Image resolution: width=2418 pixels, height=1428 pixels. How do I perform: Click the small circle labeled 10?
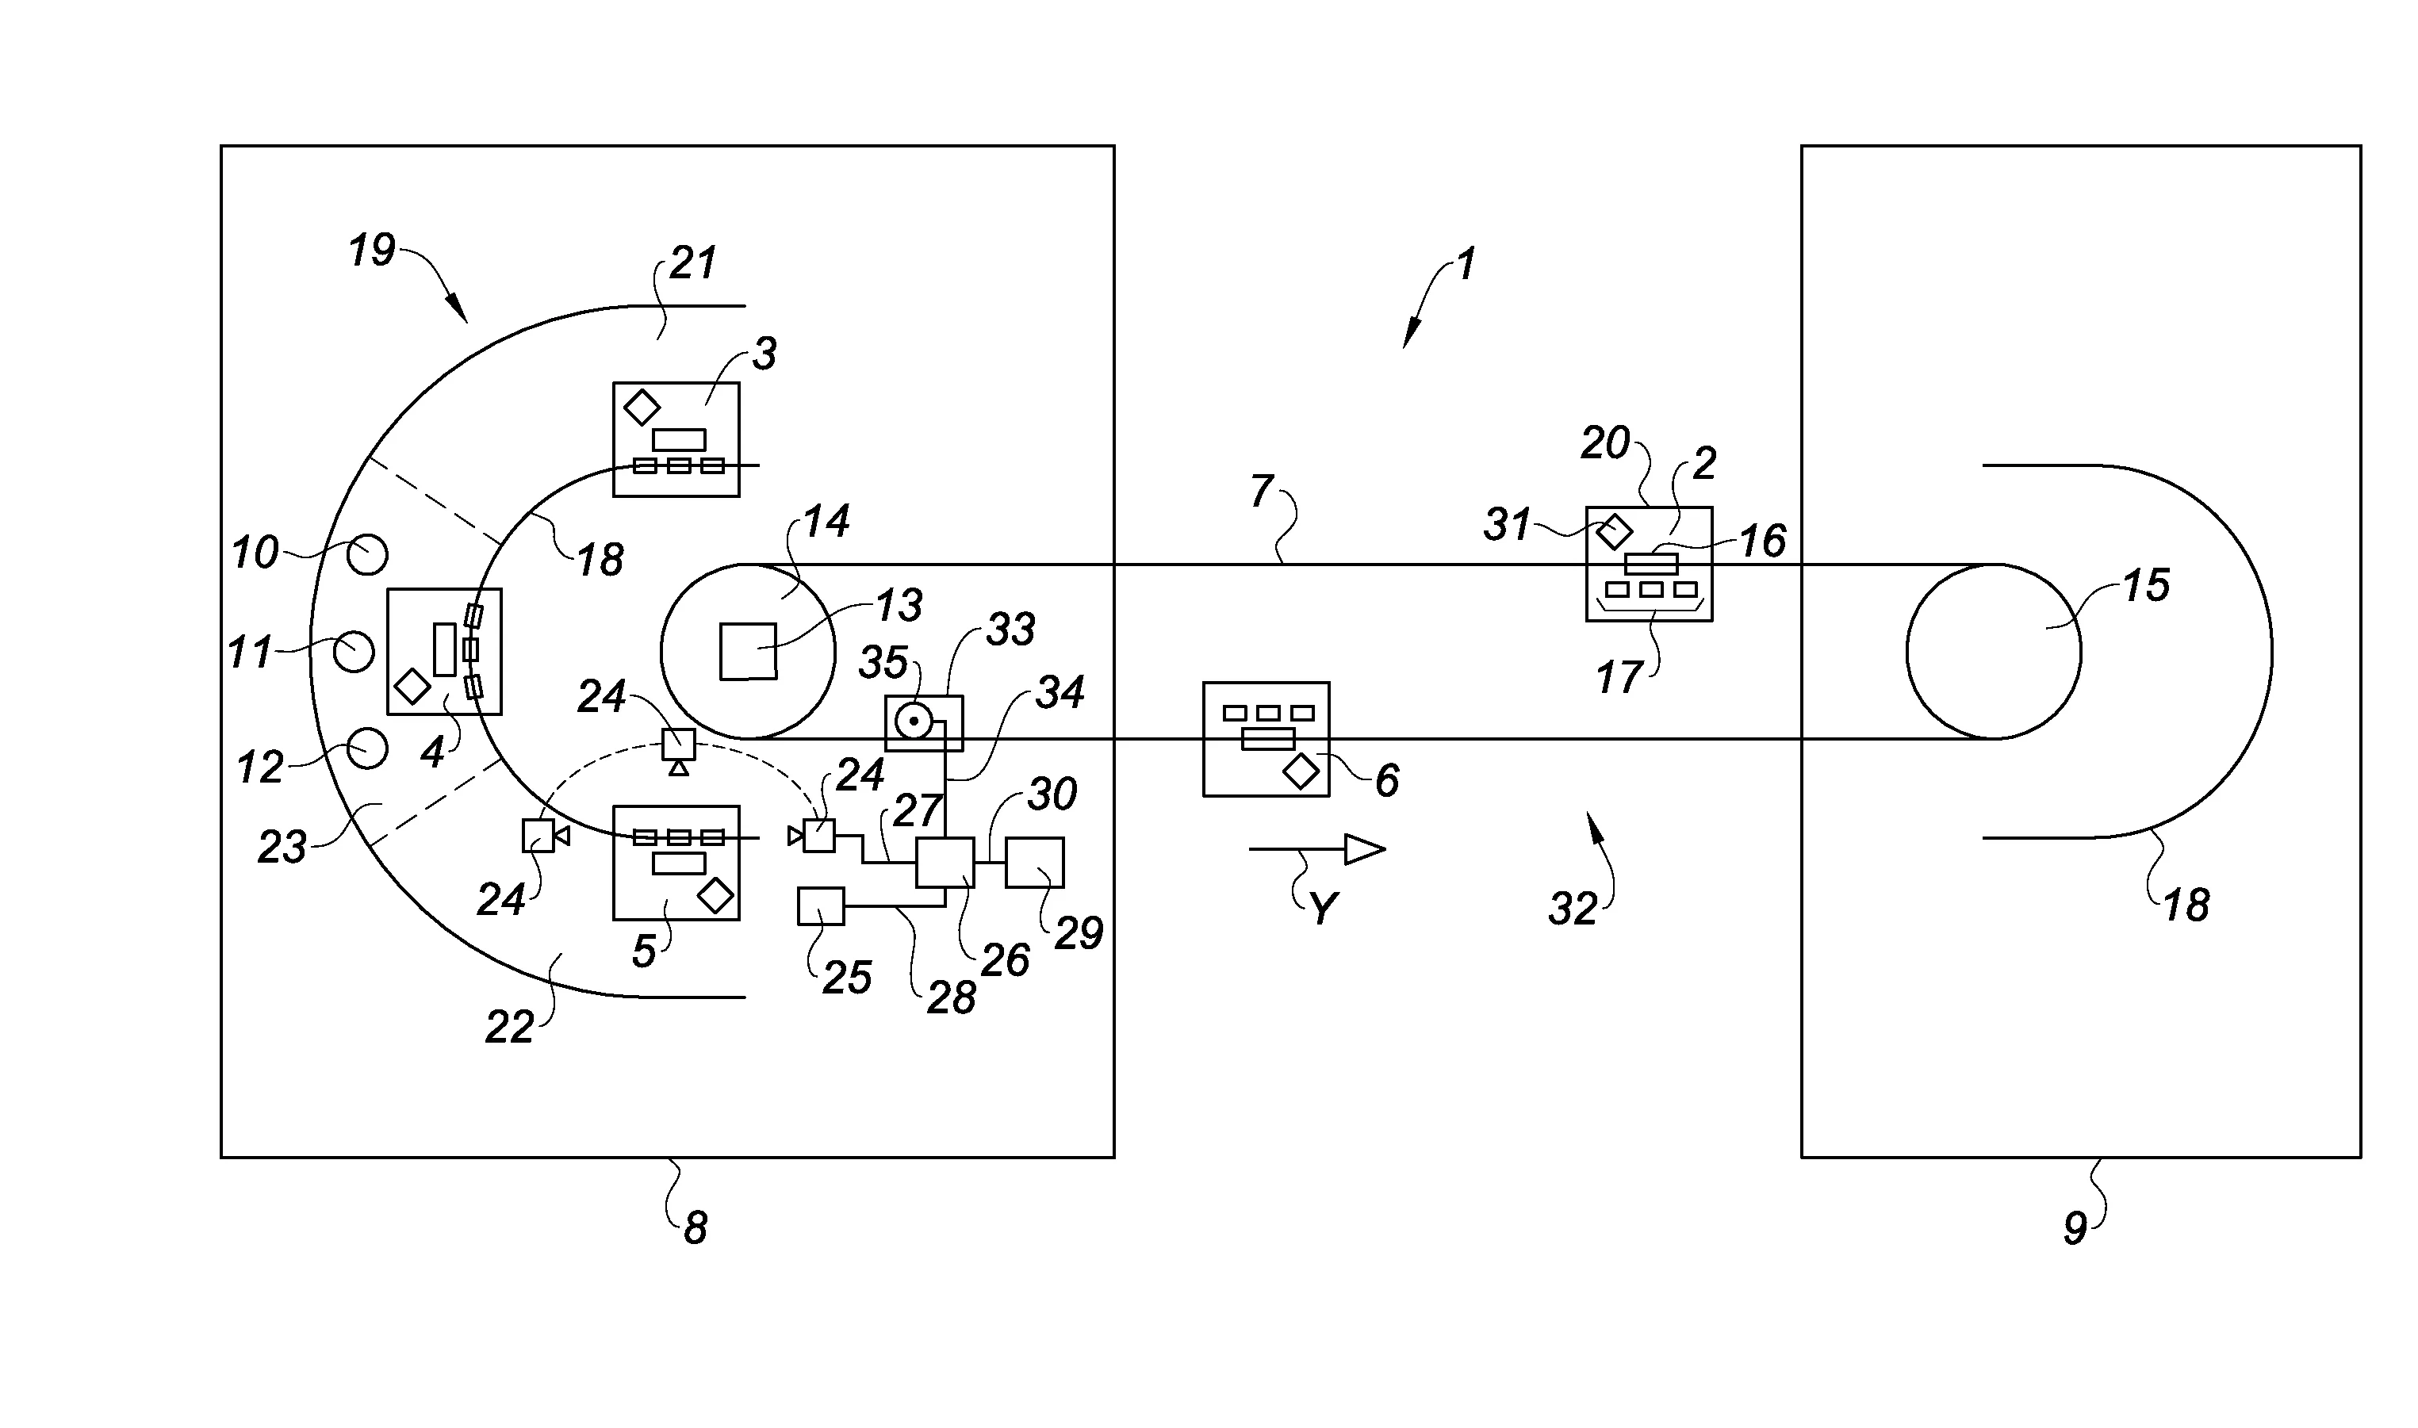coord(367,555)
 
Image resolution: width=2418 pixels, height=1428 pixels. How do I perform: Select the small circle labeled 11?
coord(354,653)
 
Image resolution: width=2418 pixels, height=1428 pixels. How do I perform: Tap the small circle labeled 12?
coord(367,748)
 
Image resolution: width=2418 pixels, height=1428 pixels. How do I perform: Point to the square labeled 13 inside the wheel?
coord(749,652)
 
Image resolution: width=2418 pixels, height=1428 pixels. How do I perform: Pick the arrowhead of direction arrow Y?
coord(1364,848)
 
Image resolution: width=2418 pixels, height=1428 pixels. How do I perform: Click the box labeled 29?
coord(1034,862)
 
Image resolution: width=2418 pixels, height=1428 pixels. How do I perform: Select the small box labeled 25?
coord(821,906)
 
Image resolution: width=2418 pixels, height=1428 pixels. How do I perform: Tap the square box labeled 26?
coord(945,862)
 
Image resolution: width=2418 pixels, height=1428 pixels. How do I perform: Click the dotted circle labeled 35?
coord(913,721)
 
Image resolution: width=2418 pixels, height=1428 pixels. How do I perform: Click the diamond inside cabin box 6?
coord(1301,771)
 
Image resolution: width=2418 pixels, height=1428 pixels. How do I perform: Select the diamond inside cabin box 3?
coord(641,407)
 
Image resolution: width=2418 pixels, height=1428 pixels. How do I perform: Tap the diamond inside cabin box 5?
coord(715,895)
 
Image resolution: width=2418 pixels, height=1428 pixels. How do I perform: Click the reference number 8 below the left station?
coord(695,1228)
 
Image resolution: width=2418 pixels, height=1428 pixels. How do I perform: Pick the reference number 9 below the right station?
coord(2075,1228)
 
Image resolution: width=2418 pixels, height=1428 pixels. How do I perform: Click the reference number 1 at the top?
coord(1466,265)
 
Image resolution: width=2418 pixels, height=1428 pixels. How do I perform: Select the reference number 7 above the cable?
coord(1262,492)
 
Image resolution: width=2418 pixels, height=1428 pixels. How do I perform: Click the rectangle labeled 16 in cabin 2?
coord(1651,564)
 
